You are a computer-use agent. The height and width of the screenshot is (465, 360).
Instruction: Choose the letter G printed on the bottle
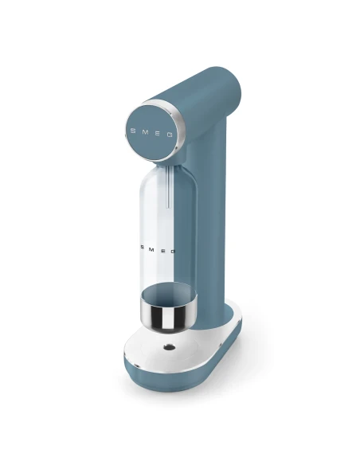coord(173,251)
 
